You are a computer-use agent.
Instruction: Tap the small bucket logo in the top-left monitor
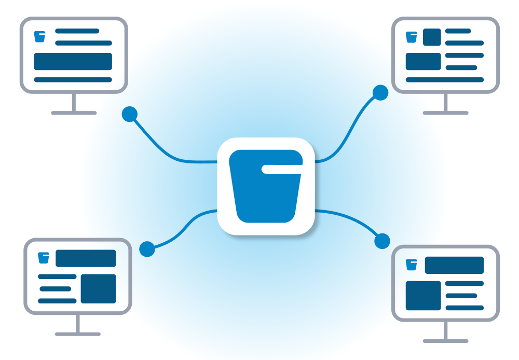point(39,36)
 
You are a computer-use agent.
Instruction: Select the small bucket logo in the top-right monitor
point(412,37)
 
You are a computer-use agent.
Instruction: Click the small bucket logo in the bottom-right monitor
point(412,265)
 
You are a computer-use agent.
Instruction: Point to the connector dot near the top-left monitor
point(129,114)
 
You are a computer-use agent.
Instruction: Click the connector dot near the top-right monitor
point(380,93)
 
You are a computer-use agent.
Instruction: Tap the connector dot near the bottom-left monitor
point(147,249)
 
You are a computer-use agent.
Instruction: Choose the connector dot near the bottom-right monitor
point(382,241)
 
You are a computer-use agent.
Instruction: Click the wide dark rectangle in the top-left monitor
point(73,61)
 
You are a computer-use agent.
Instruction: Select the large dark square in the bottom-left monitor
point(98,289)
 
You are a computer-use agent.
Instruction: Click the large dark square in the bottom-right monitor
point(423,296)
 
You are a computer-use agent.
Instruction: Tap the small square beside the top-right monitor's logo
point(432,37)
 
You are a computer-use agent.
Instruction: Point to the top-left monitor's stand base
point(73,113)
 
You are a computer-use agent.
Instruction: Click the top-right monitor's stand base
point(445,113)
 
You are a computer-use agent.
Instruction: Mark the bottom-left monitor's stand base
point(77,334)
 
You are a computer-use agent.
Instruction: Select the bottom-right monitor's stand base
point(445,341)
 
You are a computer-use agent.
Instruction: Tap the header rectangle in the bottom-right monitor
point(454,265)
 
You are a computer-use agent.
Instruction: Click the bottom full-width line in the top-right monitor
point(445,80)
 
